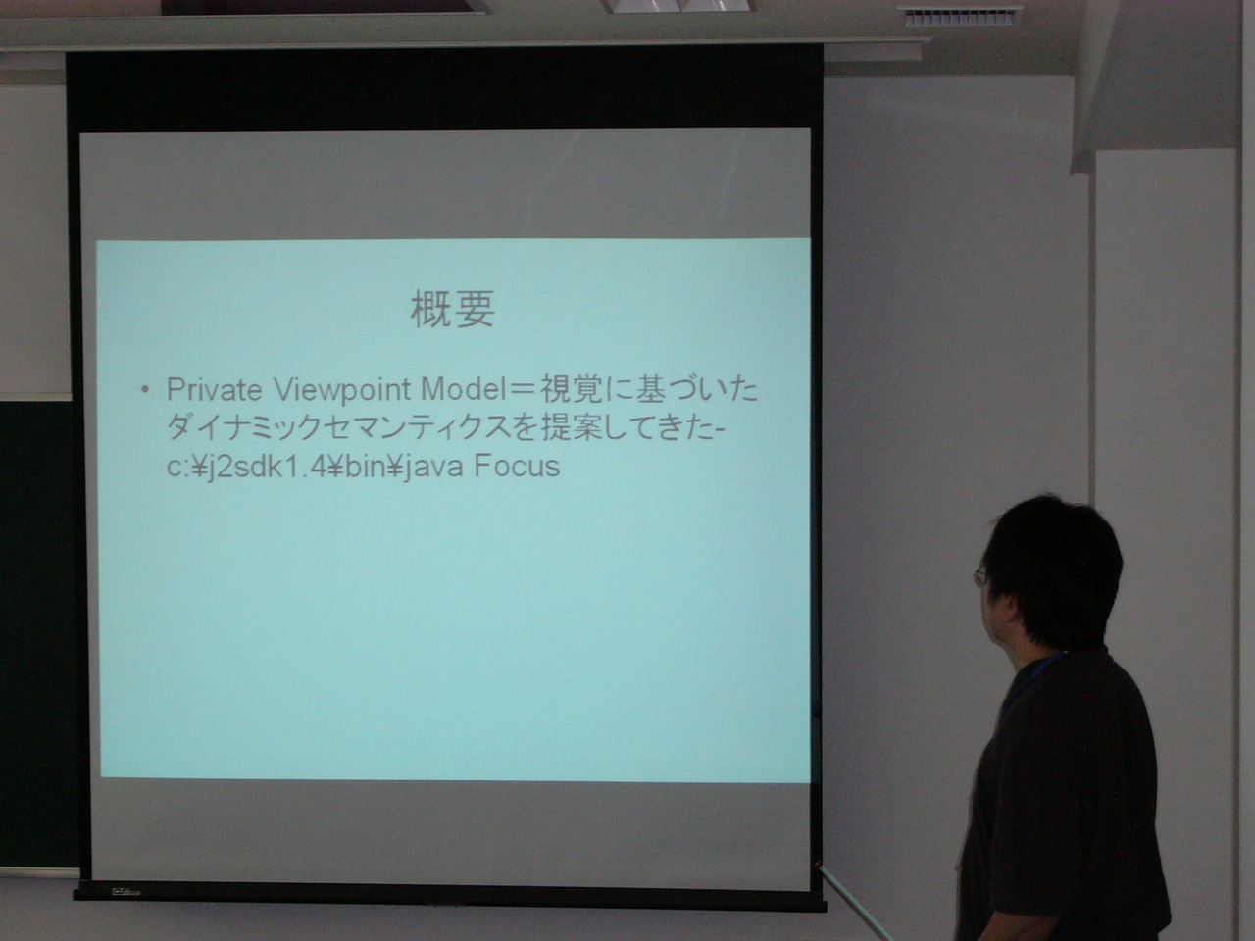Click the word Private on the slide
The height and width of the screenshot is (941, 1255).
pyautogui.click(x=215, y=389)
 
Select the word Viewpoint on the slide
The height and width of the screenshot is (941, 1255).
pyautogui.click(x=342, y=390)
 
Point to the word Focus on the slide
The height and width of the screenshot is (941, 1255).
pyautogui.click(x=517, y=466)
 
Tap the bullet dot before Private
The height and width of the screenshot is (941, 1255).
pyautogui.click(x=146, y=391)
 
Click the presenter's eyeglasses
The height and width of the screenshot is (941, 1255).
pyautogui.click(x=979, y=576)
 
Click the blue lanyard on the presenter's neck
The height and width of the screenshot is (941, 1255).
pyautogui.click(x=1029, y=685)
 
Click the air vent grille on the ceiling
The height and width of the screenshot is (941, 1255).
pyautogui.click(x=960, y=17)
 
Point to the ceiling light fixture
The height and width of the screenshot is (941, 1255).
pyautogui.click(x=678, y=5)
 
